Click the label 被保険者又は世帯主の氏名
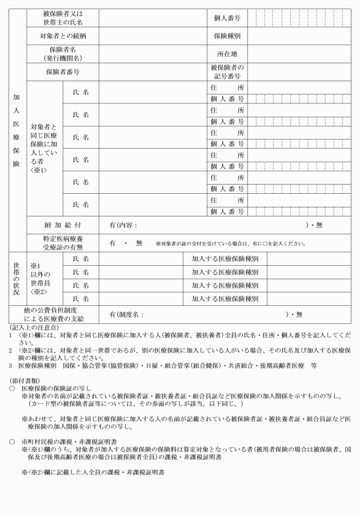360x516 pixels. point(62,18)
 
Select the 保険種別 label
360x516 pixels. point(226,36)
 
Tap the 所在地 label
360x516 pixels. point(226,54)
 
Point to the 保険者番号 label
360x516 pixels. point(62,72)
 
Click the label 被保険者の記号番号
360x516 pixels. point(226,72)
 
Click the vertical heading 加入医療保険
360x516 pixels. point(16,130)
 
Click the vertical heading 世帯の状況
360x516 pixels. point(16,279)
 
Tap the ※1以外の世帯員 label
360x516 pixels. point(43,279)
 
